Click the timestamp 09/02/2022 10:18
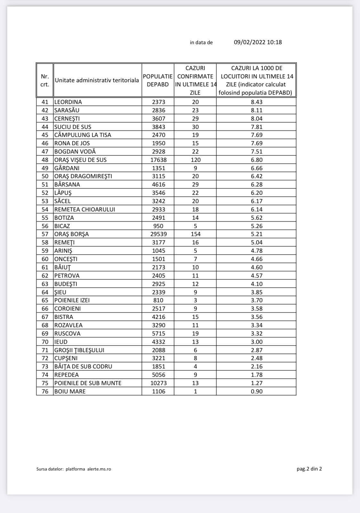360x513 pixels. [258, 42]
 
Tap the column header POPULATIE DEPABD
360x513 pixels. [158, 80]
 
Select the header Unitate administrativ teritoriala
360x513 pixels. [97, 80]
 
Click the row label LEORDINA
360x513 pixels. [68, 102]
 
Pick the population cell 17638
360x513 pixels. [158, 160]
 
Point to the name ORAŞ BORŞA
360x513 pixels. [72, 234]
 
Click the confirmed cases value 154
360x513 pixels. [195, 234]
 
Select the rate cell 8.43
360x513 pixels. [257, 102]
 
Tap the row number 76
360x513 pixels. [45, 391]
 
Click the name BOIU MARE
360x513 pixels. [70, 391]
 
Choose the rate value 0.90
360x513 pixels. [257, 391]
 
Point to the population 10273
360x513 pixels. [158, 383]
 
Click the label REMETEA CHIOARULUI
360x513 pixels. [85, 209]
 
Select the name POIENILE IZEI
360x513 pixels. [72, 300]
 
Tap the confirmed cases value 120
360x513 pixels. [195, 160]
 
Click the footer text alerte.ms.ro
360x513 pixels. [99, 469]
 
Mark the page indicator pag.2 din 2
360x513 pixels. [309, 469]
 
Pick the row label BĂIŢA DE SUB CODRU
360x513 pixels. [83, 367]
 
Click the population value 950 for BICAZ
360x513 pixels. [158, 226]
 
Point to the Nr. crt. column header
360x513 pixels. [45, 80]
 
